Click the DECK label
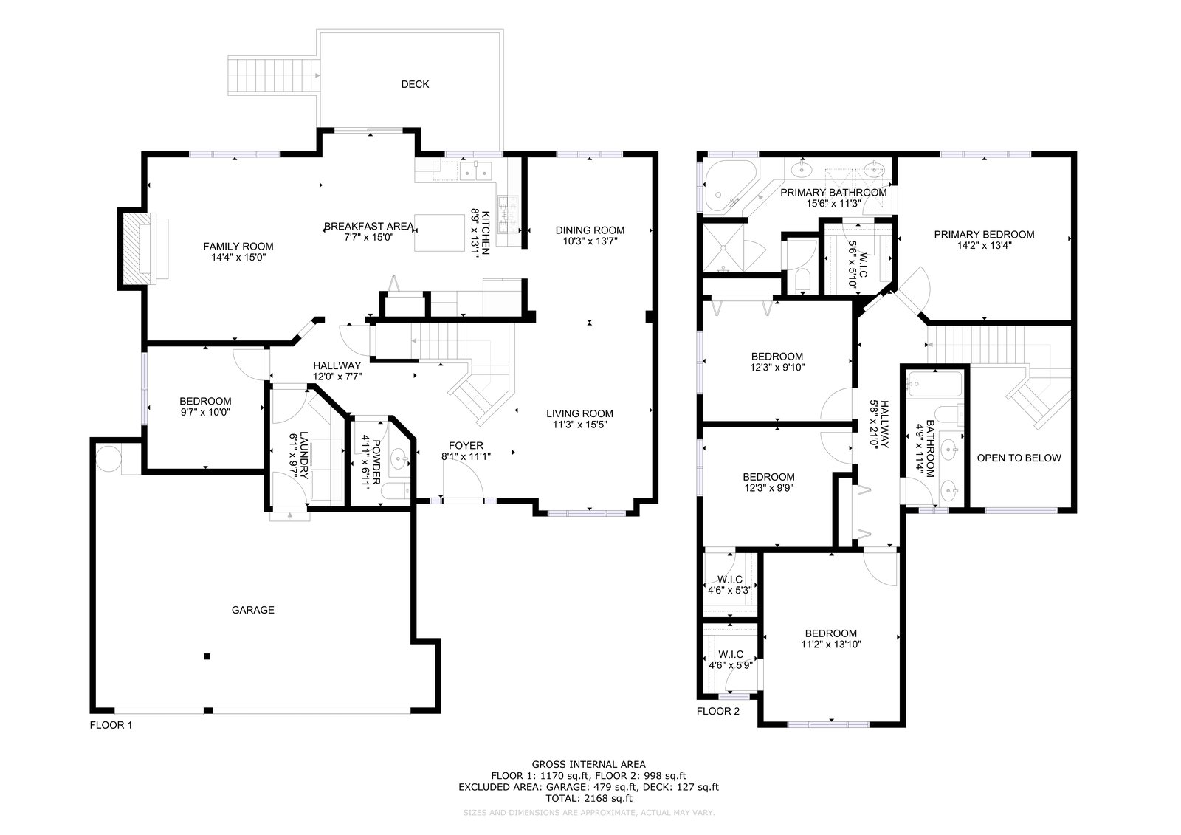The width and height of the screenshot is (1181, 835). (415, 84)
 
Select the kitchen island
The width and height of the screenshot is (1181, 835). (439, 233)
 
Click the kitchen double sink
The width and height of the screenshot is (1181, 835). (475, 171)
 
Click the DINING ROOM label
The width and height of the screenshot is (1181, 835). (590, 230)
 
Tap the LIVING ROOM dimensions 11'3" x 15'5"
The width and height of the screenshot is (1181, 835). (579, 425)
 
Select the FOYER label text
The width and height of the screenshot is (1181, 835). (466, 446)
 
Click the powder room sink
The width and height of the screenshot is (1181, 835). (399, 458)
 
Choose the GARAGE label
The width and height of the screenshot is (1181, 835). (253, 610)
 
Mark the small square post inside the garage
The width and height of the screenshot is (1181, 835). (207, 656)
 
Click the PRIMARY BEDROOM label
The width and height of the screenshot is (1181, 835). (985, 235)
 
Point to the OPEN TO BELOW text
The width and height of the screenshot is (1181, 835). (1019, 458)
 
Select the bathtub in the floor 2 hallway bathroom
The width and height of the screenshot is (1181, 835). (934, 384)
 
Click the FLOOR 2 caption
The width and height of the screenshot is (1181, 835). (718, 711)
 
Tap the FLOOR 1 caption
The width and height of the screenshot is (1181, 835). (111, 725)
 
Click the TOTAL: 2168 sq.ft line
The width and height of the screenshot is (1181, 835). (589, 798)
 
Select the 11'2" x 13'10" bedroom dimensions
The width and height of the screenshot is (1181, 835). (831, 644)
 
